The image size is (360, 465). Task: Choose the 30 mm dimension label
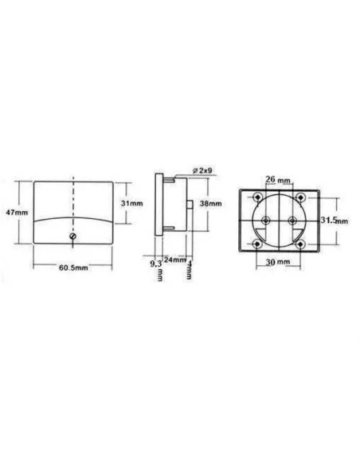[279, 261]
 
